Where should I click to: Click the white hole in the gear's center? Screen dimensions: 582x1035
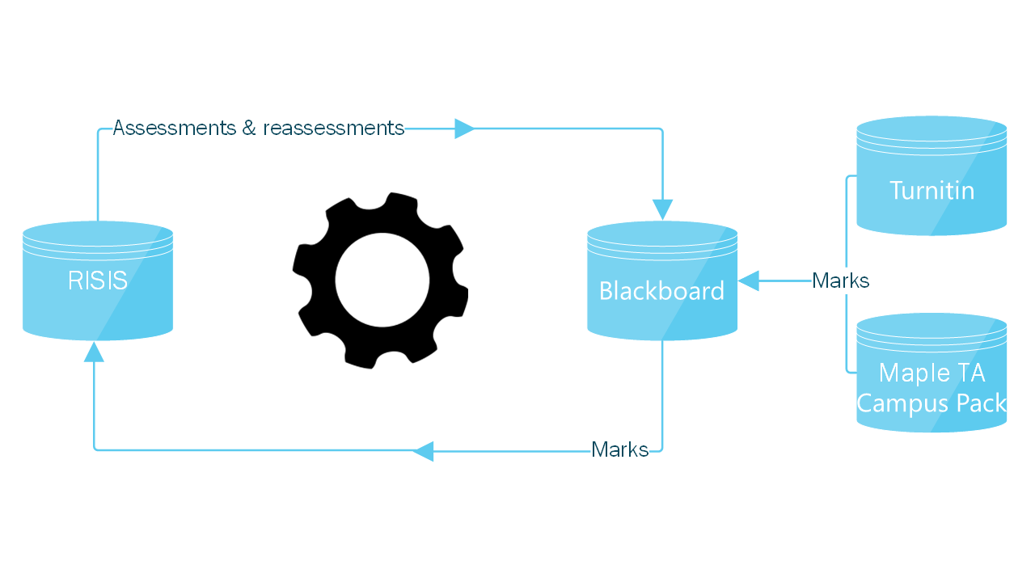tap(382, 280)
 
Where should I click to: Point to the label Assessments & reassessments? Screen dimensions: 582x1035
tap(258, 128)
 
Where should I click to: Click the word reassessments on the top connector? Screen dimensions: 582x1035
tap(333, 128)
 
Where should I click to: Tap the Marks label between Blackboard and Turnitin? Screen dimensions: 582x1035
tap(840, 280)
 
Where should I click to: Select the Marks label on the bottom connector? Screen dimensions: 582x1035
tap(619, 449)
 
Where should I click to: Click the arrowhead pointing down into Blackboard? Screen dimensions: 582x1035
tap(662, 209)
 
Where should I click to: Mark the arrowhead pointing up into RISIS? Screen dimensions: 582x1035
tap(95, 351)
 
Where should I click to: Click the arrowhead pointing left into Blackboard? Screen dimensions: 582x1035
tap(748, 280)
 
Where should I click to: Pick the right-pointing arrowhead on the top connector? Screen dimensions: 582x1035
tap(464, 129)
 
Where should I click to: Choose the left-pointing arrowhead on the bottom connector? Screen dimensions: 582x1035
tap(424, 451)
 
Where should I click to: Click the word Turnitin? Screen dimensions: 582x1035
tap(931, 191)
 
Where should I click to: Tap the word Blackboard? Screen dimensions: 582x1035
tap(661, 291)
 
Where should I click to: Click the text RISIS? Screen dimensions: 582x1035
tap(98, 280)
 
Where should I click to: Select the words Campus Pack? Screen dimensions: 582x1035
tap(931, 402)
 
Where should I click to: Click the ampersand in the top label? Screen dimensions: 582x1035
tap(248, 128)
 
